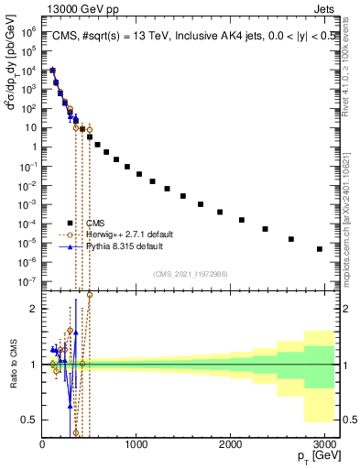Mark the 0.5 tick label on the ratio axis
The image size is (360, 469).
[x=28, y=420]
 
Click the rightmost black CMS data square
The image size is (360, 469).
[x=319, y=249]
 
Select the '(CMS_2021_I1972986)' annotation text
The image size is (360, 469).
[x=190, y=274]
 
